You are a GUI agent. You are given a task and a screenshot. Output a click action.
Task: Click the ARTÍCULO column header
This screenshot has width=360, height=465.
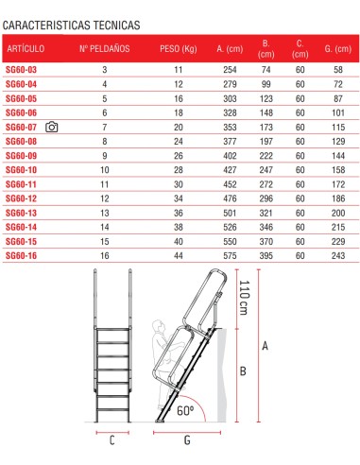26,46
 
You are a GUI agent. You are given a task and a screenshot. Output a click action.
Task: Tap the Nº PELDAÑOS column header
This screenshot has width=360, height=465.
105,46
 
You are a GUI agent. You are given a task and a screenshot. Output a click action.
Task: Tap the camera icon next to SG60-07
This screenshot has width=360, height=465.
52,127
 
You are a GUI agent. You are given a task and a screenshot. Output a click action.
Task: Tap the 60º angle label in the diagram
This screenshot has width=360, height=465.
185,412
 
